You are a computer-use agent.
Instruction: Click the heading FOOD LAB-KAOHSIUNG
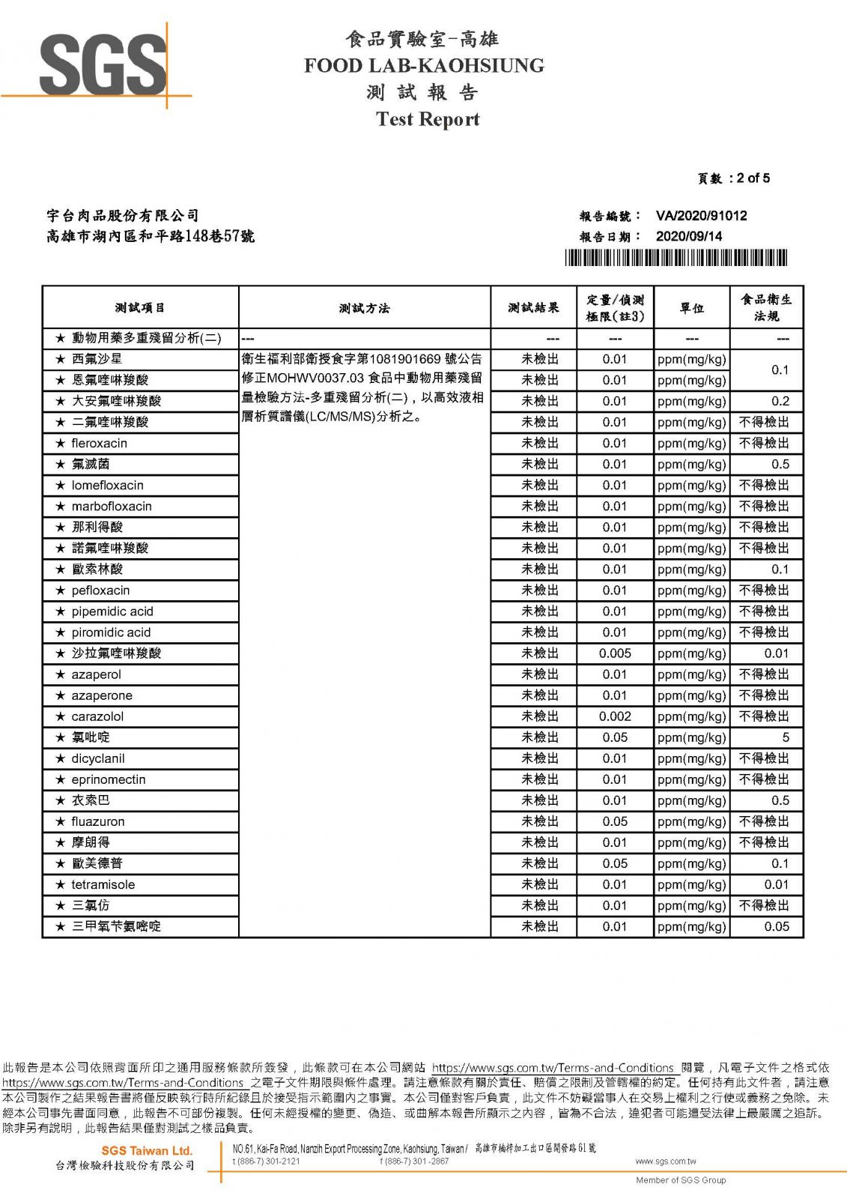[x=424, y=66]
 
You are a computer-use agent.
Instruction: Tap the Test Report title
[x=428, y=119]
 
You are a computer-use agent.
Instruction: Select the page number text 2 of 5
[x=753, y=178]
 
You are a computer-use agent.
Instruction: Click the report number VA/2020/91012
[x=701, y=216]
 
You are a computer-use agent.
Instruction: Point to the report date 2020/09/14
[x=689, y=236]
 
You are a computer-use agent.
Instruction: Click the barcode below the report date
[x=676, y=259]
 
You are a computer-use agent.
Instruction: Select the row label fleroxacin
[x=99, y=444]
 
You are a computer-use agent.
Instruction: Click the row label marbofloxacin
[x=112, y=507]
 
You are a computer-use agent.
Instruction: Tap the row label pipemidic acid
[x=112, y=611]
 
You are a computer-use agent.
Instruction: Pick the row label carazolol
[x=97, y=716]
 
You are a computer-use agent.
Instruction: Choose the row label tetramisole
[x=103, y=884]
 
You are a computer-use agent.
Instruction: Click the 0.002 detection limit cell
[x=615, y=716]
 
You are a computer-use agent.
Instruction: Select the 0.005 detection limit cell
[x=615, y=653]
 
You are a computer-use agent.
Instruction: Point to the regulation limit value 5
[x=785, y=737]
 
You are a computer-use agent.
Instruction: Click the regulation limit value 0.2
[x=780, y=402]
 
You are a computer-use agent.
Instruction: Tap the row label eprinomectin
[x=109, y=779]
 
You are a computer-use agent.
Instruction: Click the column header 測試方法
[x=364, y=308]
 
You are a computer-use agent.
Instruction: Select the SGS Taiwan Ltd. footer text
[x=147, y=1150]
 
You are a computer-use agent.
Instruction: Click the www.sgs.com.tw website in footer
[x=665, y=1162]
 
